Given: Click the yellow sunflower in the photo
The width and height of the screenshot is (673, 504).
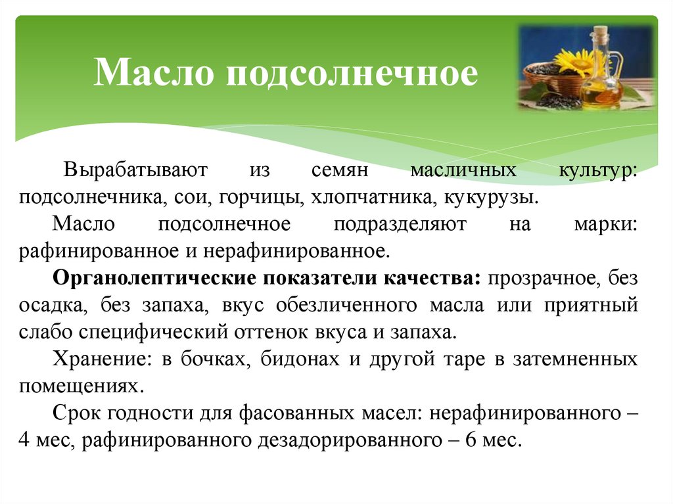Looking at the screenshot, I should (x=572, y=62).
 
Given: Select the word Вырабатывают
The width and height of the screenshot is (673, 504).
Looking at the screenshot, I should (x=135, y=171).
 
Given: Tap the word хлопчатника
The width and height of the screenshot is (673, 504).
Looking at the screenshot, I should (x=365, y=196).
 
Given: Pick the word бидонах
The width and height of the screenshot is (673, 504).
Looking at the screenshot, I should (x=300, y=359).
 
